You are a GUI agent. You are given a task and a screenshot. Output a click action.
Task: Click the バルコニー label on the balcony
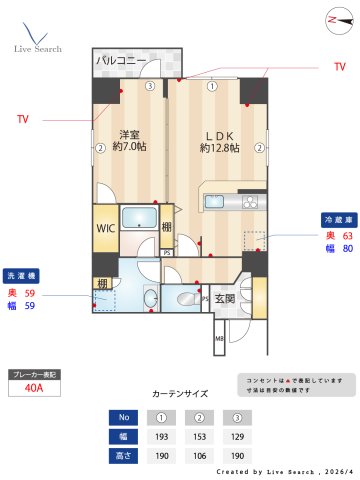tap(121, 61)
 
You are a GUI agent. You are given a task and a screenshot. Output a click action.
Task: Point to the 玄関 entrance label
tap(224, 298)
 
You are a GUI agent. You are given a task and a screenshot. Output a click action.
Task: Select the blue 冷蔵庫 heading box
tap(337, 218)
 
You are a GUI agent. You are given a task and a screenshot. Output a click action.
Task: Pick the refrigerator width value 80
tap(347, 249)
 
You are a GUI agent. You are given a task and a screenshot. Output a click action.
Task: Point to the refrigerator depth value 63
tap(347, 235)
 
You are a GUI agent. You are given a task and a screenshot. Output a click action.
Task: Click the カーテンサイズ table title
tap(179, 393)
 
